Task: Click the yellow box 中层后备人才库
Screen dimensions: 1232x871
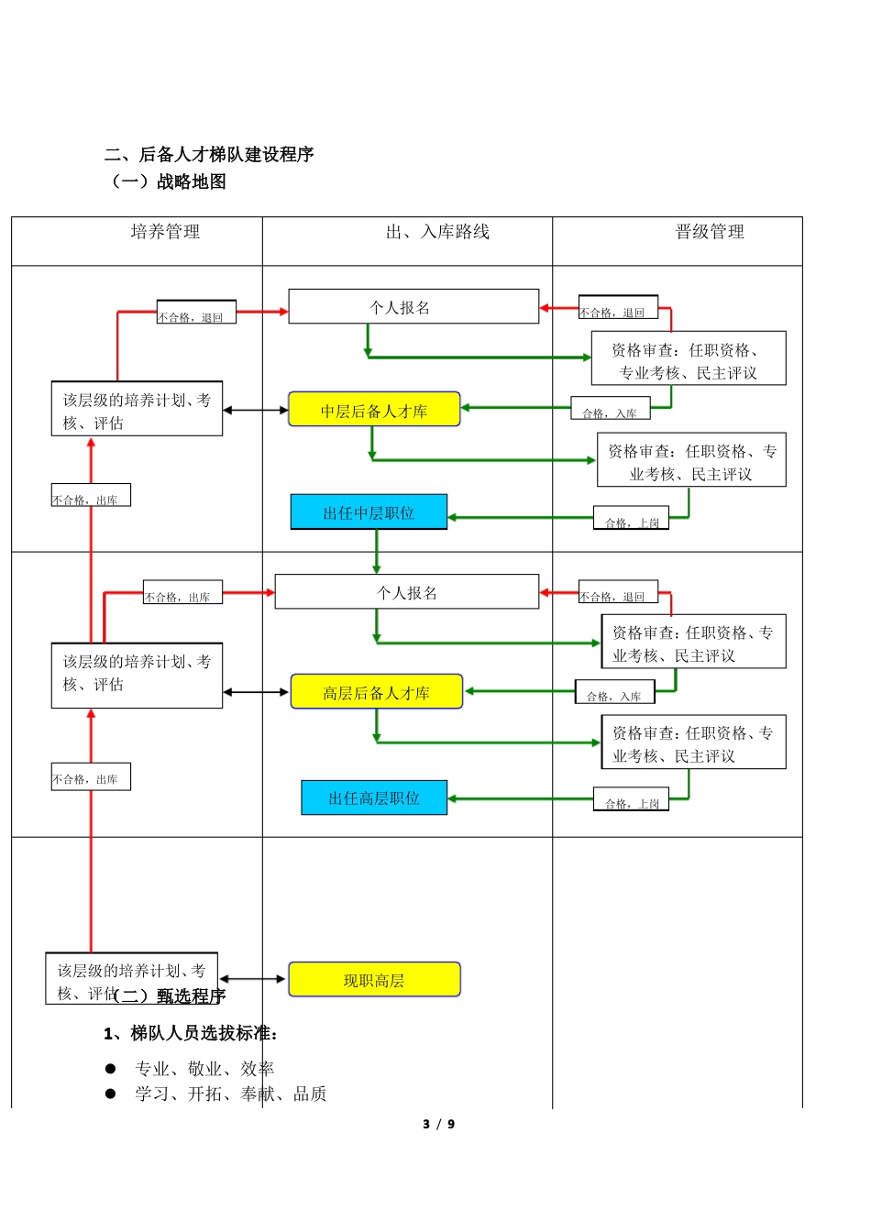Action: click(374, 410)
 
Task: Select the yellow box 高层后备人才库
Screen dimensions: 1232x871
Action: click(376, 692)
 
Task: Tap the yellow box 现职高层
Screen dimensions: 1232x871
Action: click(374, 980)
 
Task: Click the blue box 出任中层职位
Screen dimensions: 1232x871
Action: click(369, 512)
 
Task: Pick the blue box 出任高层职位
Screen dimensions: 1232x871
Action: click(374, 797)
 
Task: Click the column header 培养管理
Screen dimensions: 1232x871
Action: click(165, 232)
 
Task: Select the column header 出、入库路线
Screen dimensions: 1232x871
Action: click(437, 232)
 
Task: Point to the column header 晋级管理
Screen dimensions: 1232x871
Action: click(710, 232)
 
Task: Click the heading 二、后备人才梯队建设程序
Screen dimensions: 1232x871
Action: click(209, 154)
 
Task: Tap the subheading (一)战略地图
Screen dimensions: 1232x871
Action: click(166, 181)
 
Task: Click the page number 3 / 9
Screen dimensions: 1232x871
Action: click(438, 1124)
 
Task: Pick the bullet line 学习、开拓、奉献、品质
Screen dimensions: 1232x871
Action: click(230, 1094)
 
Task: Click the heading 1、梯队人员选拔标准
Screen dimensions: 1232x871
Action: click(191, 1033)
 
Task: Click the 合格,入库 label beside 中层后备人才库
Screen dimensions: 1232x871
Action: click(610, 412)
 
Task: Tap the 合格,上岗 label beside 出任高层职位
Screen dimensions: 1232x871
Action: click(632, 802)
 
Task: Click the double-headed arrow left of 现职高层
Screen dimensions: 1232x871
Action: click(253, 979)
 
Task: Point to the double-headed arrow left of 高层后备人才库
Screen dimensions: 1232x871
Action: click(256, 692)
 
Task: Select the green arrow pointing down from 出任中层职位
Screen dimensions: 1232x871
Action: click(376, 551)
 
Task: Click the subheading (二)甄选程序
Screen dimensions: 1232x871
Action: click(171, 996)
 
